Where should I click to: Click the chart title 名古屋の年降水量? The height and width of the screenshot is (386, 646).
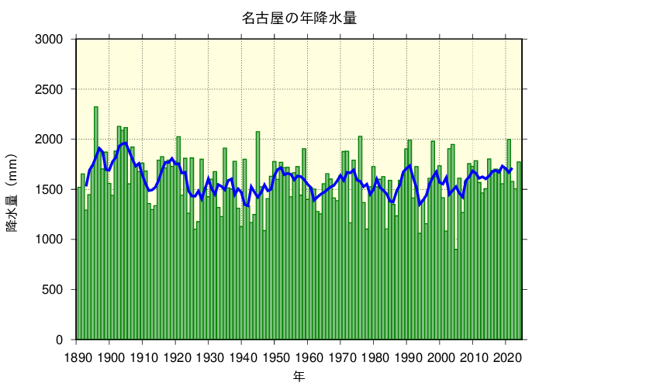pyautogui.click(x=299, y=18)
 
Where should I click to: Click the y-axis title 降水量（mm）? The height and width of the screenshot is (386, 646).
pyautogui.click(x=13, y=188)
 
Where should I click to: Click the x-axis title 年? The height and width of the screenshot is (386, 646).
pyautogui.click(x=299, y=376)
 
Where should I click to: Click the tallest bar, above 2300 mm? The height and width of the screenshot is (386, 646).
pyautogui.click(x=96, y=225)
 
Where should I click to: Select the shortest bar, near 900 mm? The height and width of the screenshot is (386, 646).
pyautogui.click(x=456, y=295)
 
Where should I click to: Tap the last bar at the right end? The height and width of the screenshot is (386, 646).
pyautogui.click(x=519, y=252)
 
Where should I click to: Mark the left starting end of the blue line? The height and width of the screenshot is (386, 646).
pyautogui.click(x=86, y=187)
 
